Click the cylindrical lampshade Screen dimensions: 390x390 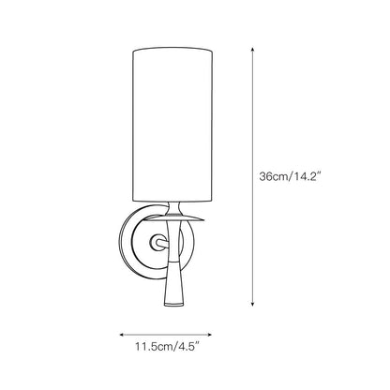tap(171, 122)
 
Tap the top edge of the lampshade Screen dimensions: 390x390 tap(171, 42)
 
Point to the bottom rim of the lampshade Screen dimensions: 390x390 tap(171, 202)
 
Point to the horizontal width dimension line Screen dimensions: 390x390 tap(169, 332)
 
